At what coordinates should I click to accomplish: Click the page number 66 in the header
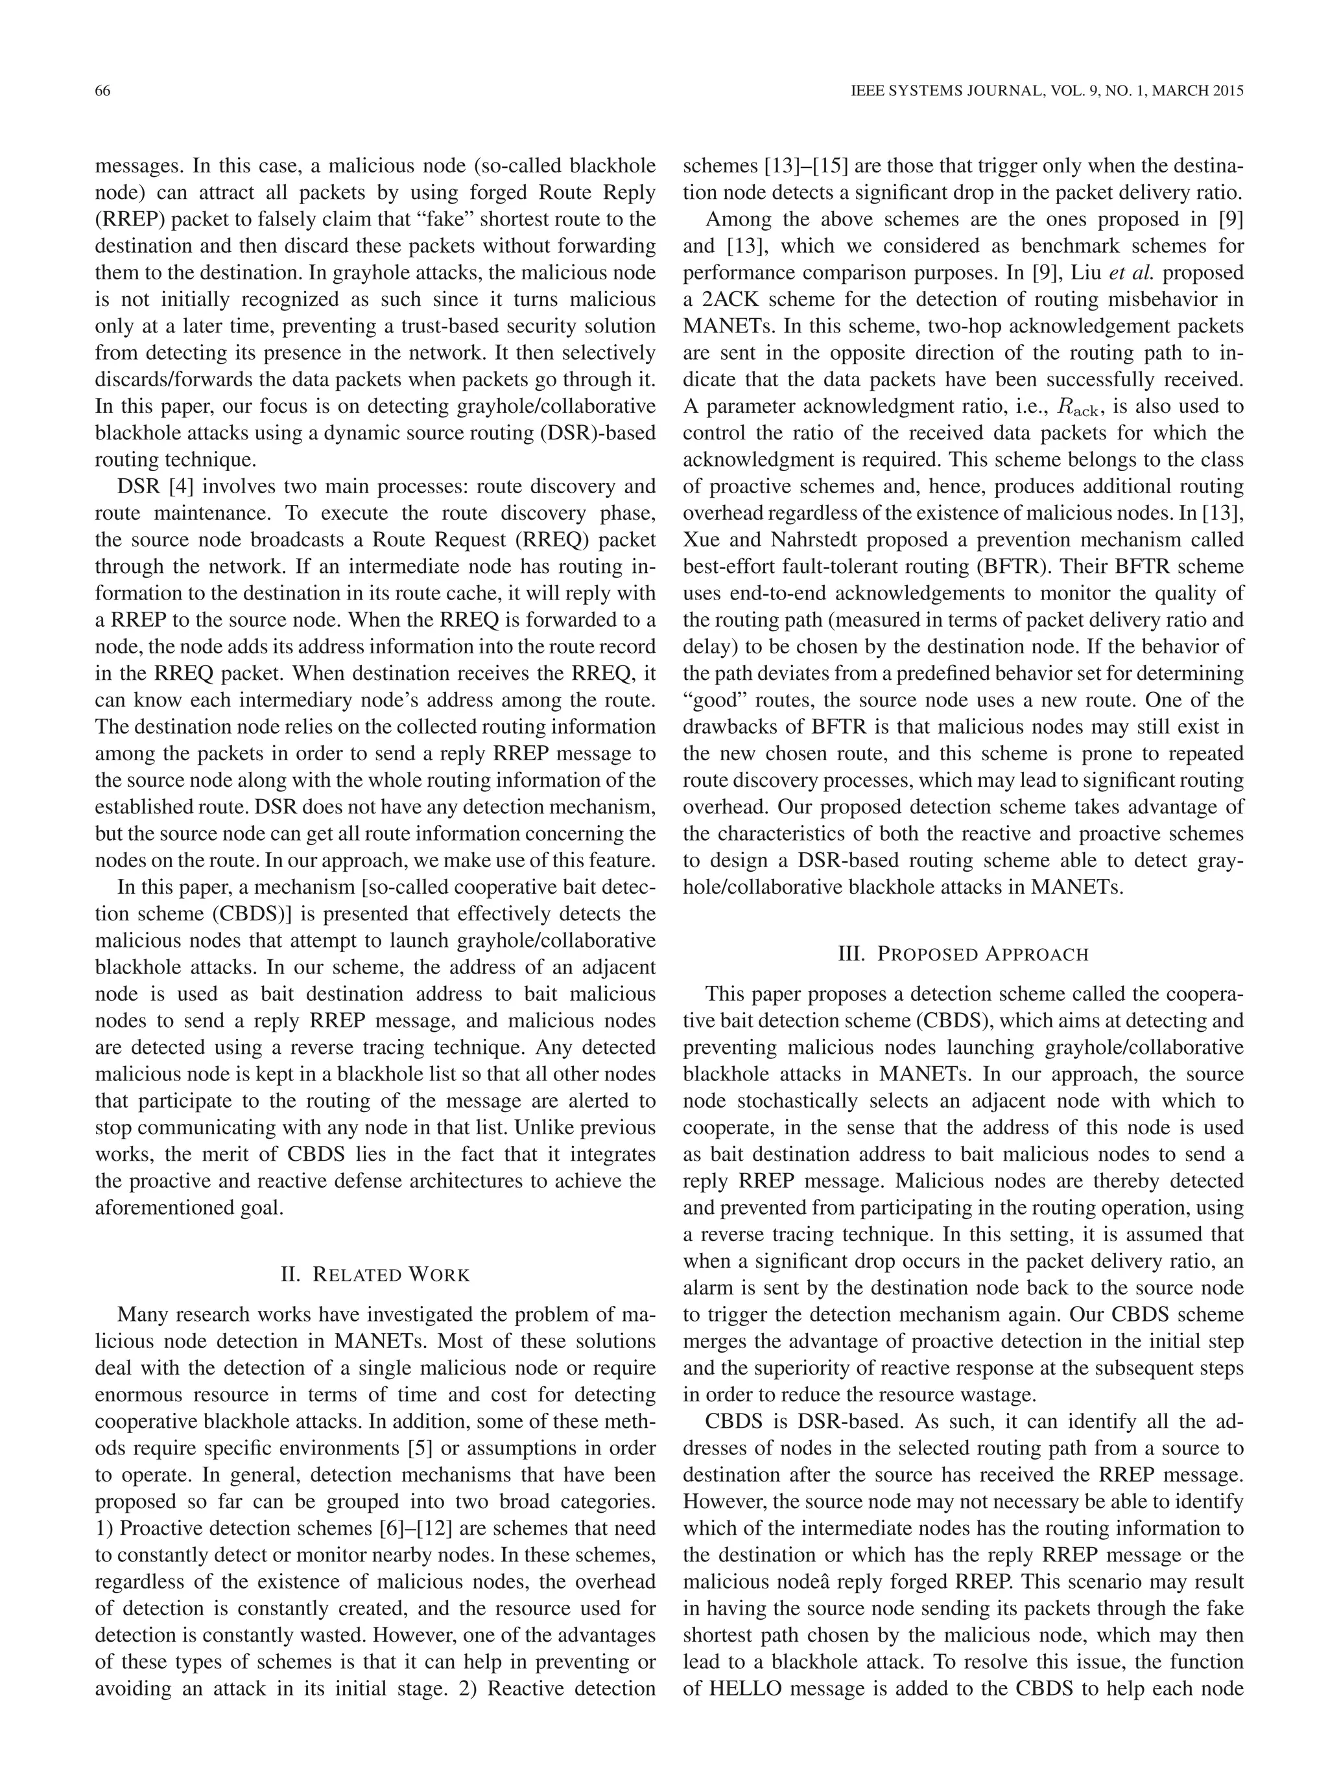(x=102, y=91)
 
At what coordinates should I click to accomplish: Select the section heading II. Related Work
(x=375, y=1274)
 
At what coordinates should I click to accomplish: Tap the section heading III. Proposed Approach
(x=962, y=954)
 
